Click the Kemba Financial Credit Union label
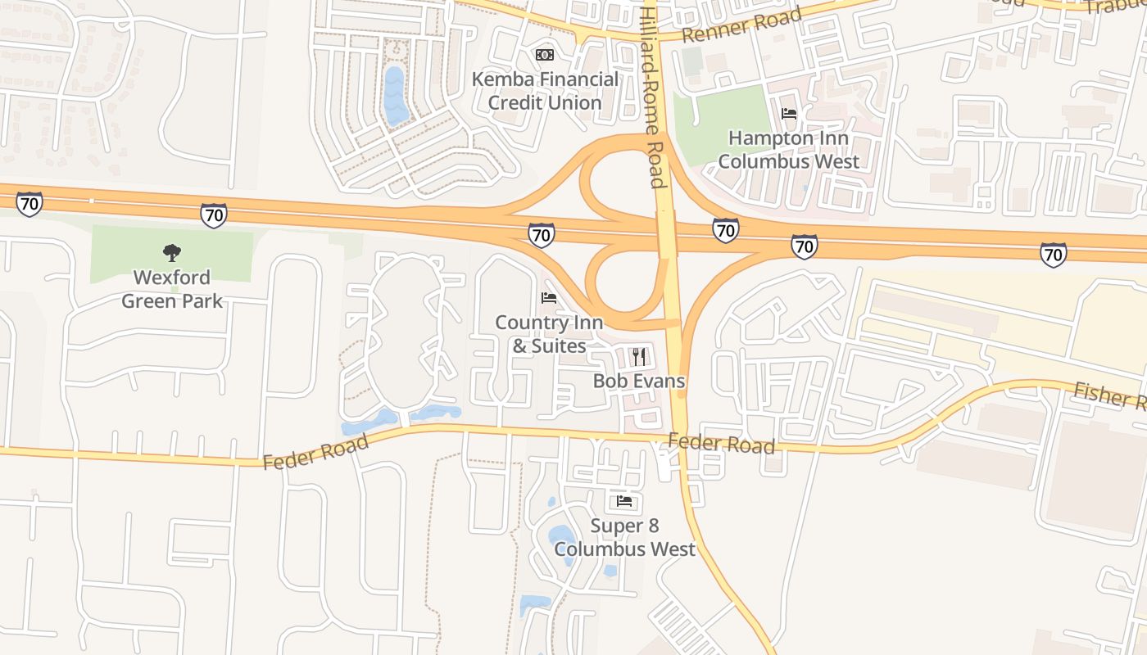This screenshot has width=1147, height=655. (x=545, y=91)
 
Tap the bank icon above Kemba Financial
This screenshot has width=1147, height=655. (x=545, y=55)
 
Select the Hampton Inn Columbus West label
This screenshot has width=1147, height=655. (x=788, y=149)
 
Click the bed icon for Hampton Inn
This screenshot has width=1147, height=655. (x=789, y=114)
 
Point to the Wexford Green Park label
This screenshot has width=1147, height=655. (x=172, y=289)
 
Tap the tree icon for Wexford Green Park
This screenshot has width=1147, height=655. (x=172, y=252)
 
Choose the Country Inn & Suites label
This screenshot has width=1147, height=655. (x=549, y=334)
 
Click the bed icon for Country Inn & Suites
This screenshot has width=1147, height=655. (x=549, y=298)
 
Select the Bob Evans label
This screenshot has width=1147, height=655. (x=639, y=381)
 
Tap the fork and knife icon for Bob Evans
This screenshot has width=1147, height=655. (x=639, y=357)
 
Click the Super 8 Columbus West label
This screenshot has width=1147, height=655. (x=624, y=537)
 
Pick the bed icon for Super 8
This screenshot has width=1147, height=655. (x=624, y=501)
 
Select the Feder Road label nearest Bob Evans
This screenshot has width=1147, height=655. (x=721, y=444)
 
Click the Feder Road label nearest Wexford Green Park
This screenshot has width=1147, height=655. (x=315, y=452)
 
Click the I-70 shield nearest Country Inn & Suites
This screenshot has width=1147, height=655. (x=541, y=234)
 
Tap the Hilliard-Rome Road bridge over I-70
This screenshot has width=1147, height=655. (x=666, y=235)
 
